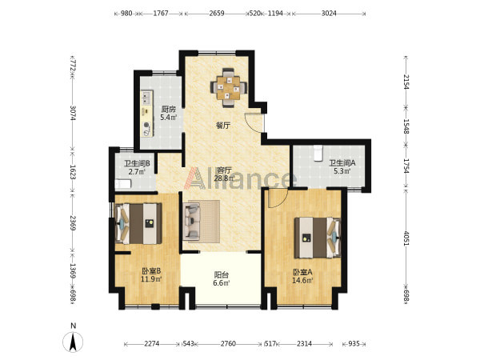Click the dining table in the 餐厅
pyautogui.click(x=228, y=87)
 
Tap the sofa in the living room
pyautogui.click(x=192, y=222)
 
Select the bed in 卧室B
pyautogui.click(x=138, y=224)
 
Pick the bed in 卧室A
pyautogui.click(x=318, y=238)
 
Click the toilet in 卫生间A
pyautogui.click(x=318, y=153)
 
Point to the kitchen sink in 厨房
pyautogui.click(x=146, y=98)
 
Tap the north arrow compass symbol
pyautogui.click(x=73, y=341)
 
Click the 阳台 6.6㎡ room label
pyautogui.click(x=222, y=279)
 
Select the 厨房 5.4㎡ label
pyautogui.click(x=169, y=114)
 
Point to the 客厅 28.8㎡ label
pyautogui.click(x=224, y=174)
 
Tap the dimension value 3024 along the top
pyautogui.click(x=329, y=13)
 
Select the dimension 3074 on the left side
pyautogui.click(x=73, y=113)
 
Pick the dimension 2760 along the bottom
pyautogui.click(x=228, y=343)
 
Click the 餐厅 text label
pyautogui.click(x=223, y=126)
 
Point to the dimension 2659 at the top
pyautogui.click(x=217, y=13)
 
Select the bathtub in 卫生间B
pyautogui.click(x=123, y=184)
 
